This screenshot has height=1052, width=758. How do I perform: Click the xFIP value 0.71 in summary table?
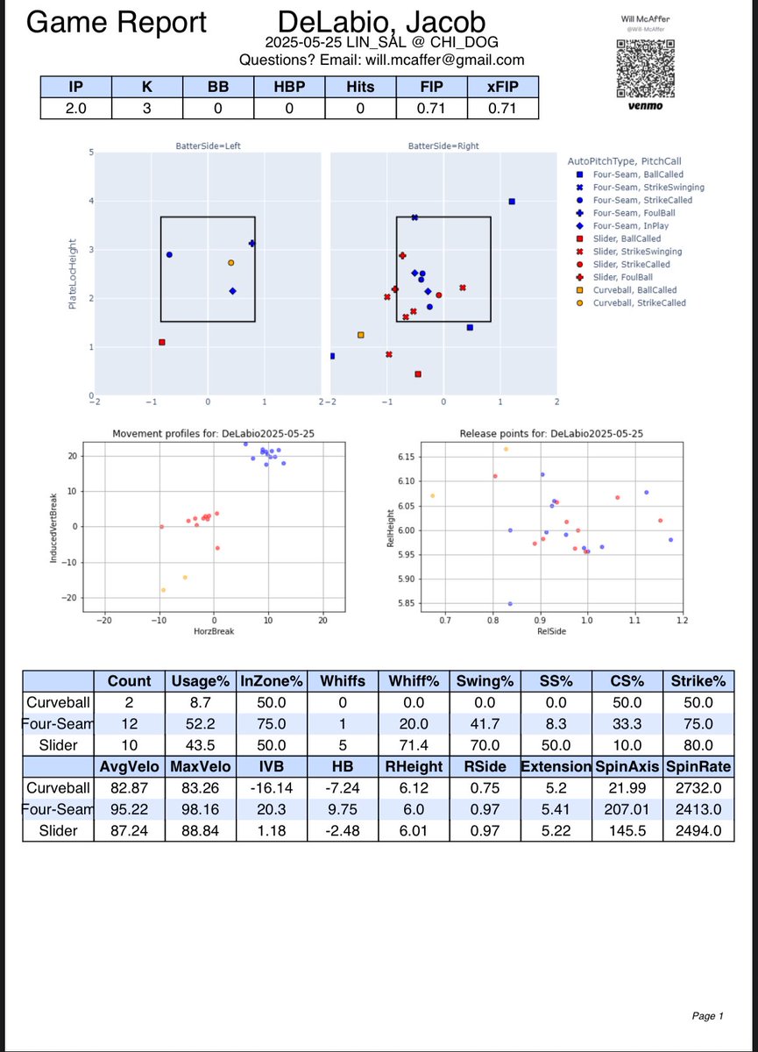click(503, 109)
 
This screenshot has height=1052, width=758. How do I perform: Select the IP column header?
click(76, 88)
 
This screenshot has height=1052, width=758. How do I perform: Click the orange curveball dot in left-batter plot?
click(230, 262)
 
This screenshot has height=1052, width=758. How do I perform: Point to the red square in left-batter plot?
click(162, 342)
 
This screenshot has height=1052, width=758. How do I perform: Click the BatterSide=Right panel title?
click(443, 146)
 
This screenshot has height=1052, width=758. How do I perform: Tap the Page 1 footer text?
click(705, 1016)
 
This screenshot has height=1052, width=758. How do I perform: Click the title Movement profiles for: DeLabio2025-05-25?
click(213, 434)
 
